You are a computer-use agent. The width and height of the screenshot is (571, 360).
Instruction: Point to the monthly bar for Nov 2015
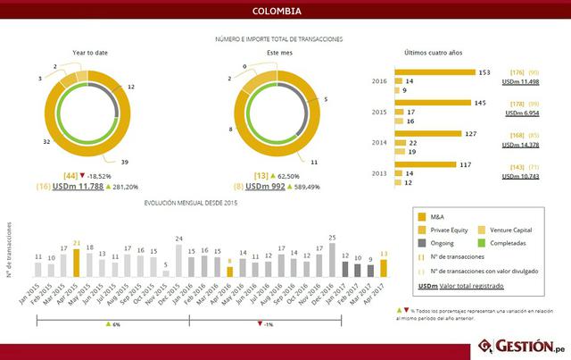(x=166, y=272)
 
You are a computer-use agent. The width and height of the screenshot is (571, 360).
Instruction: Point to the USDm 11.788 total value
(x=81, y=187)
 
